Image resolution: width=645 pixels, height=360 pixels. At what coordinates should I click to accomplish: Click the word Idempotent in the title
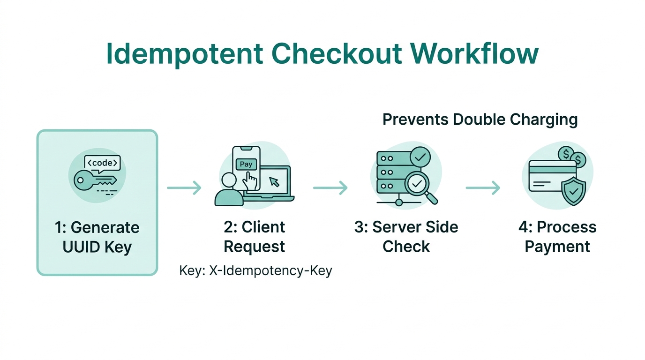(x=184, y=54)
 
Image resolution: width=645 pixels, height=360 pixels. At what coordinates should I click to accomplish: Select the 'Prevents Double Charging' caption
(x=480, y=120)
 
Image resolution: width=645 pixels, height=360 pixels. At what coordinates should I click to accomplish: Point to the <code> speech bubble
(x=102, y=163)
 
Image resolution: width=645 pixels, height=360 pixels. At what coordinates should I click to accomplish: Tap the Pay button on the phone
(x=246, y=165)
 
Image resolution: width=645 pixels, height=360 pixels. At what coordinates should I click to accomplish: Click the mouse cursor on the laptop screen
(x=275, y=181)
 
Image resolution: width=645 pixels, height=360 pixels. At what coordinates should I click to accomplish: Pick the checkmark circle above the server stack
(x=420, y=156)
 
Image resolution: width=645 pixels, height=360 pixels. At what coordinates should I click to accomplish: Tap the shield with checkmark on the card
(x=574, y=192)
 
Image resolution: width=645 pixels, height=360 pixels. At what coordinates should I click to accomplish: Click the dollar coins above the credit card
(x=572, y=157)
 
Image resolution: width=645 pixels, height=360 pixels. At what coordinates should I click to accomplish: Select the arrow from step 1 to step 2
(x=184, y=188)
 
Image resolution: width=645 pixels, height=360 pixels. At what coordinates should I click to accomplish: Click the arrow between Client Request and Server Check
(x=330, y=188)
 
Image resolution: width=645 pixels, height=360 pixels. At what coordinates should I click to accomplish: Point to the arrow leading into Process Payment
(x=482, y=188)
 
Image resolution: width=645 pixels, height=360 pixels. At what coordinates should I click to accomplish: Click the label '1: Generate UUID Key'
(x=97, y=237)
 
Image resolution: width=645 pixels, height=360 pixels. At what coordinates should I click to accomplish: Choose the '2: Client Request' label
(x=254, y=237)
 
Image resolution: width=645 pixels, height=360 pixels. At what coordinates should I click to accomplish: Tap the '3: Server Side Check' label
(x=406, y=237)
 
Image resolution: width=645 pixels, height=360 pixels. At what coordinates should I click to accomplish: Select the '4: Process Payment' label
(x=557, y=237)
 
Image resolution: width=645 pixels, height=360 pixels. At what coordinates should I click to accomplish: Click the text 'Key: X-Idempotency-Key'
(x=255, y=271)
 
